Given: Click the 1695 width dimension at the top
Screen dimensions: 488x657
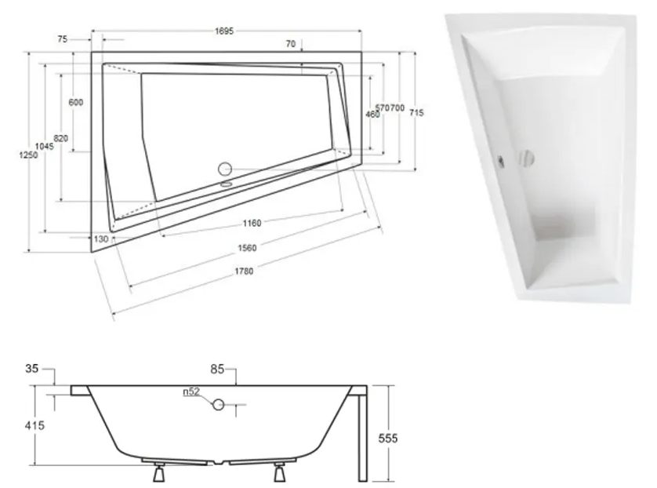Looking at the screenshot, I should (x=226, y=31).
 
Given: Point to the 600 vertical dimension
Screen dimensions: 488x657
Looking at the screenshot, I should (x=76, y=103).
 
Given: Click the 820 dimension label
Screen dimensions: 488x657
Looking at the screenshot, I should (x=61, y=138).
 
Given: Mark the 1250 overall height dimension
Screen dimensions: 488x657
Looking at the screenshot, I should (x=28, y=156).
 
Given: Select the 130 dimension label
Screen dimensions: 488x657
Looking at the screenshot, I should (x=100, y=239).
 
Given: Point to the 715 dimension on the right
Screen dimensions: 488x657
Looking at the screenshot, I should (x=416, y=113).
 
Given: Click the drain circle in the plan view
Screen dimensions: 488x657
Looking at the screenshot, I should (x=226, y=168).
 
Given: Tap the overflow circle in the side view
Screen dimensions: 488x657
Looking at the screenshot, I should (x=219, y=405).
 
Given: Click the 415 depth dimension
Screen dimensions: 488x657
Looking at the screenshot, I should (x=34, y=426).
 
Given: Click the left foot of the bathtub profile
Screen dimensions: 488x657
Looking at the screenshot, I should (x=159, y=474).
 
